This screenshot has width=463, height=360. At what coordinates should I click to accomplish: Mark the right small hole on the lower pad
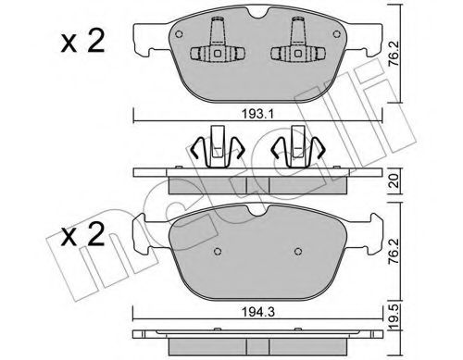(298, 251)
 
